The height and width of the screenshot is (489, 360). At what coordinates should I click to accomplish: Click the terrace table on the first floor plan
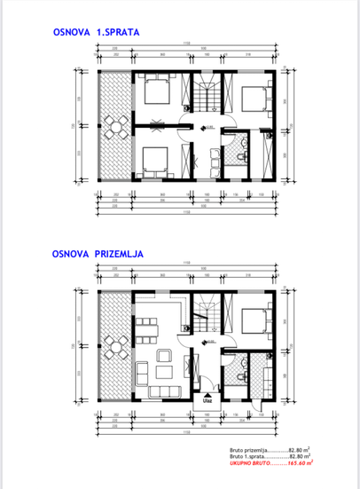[113, 127]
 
